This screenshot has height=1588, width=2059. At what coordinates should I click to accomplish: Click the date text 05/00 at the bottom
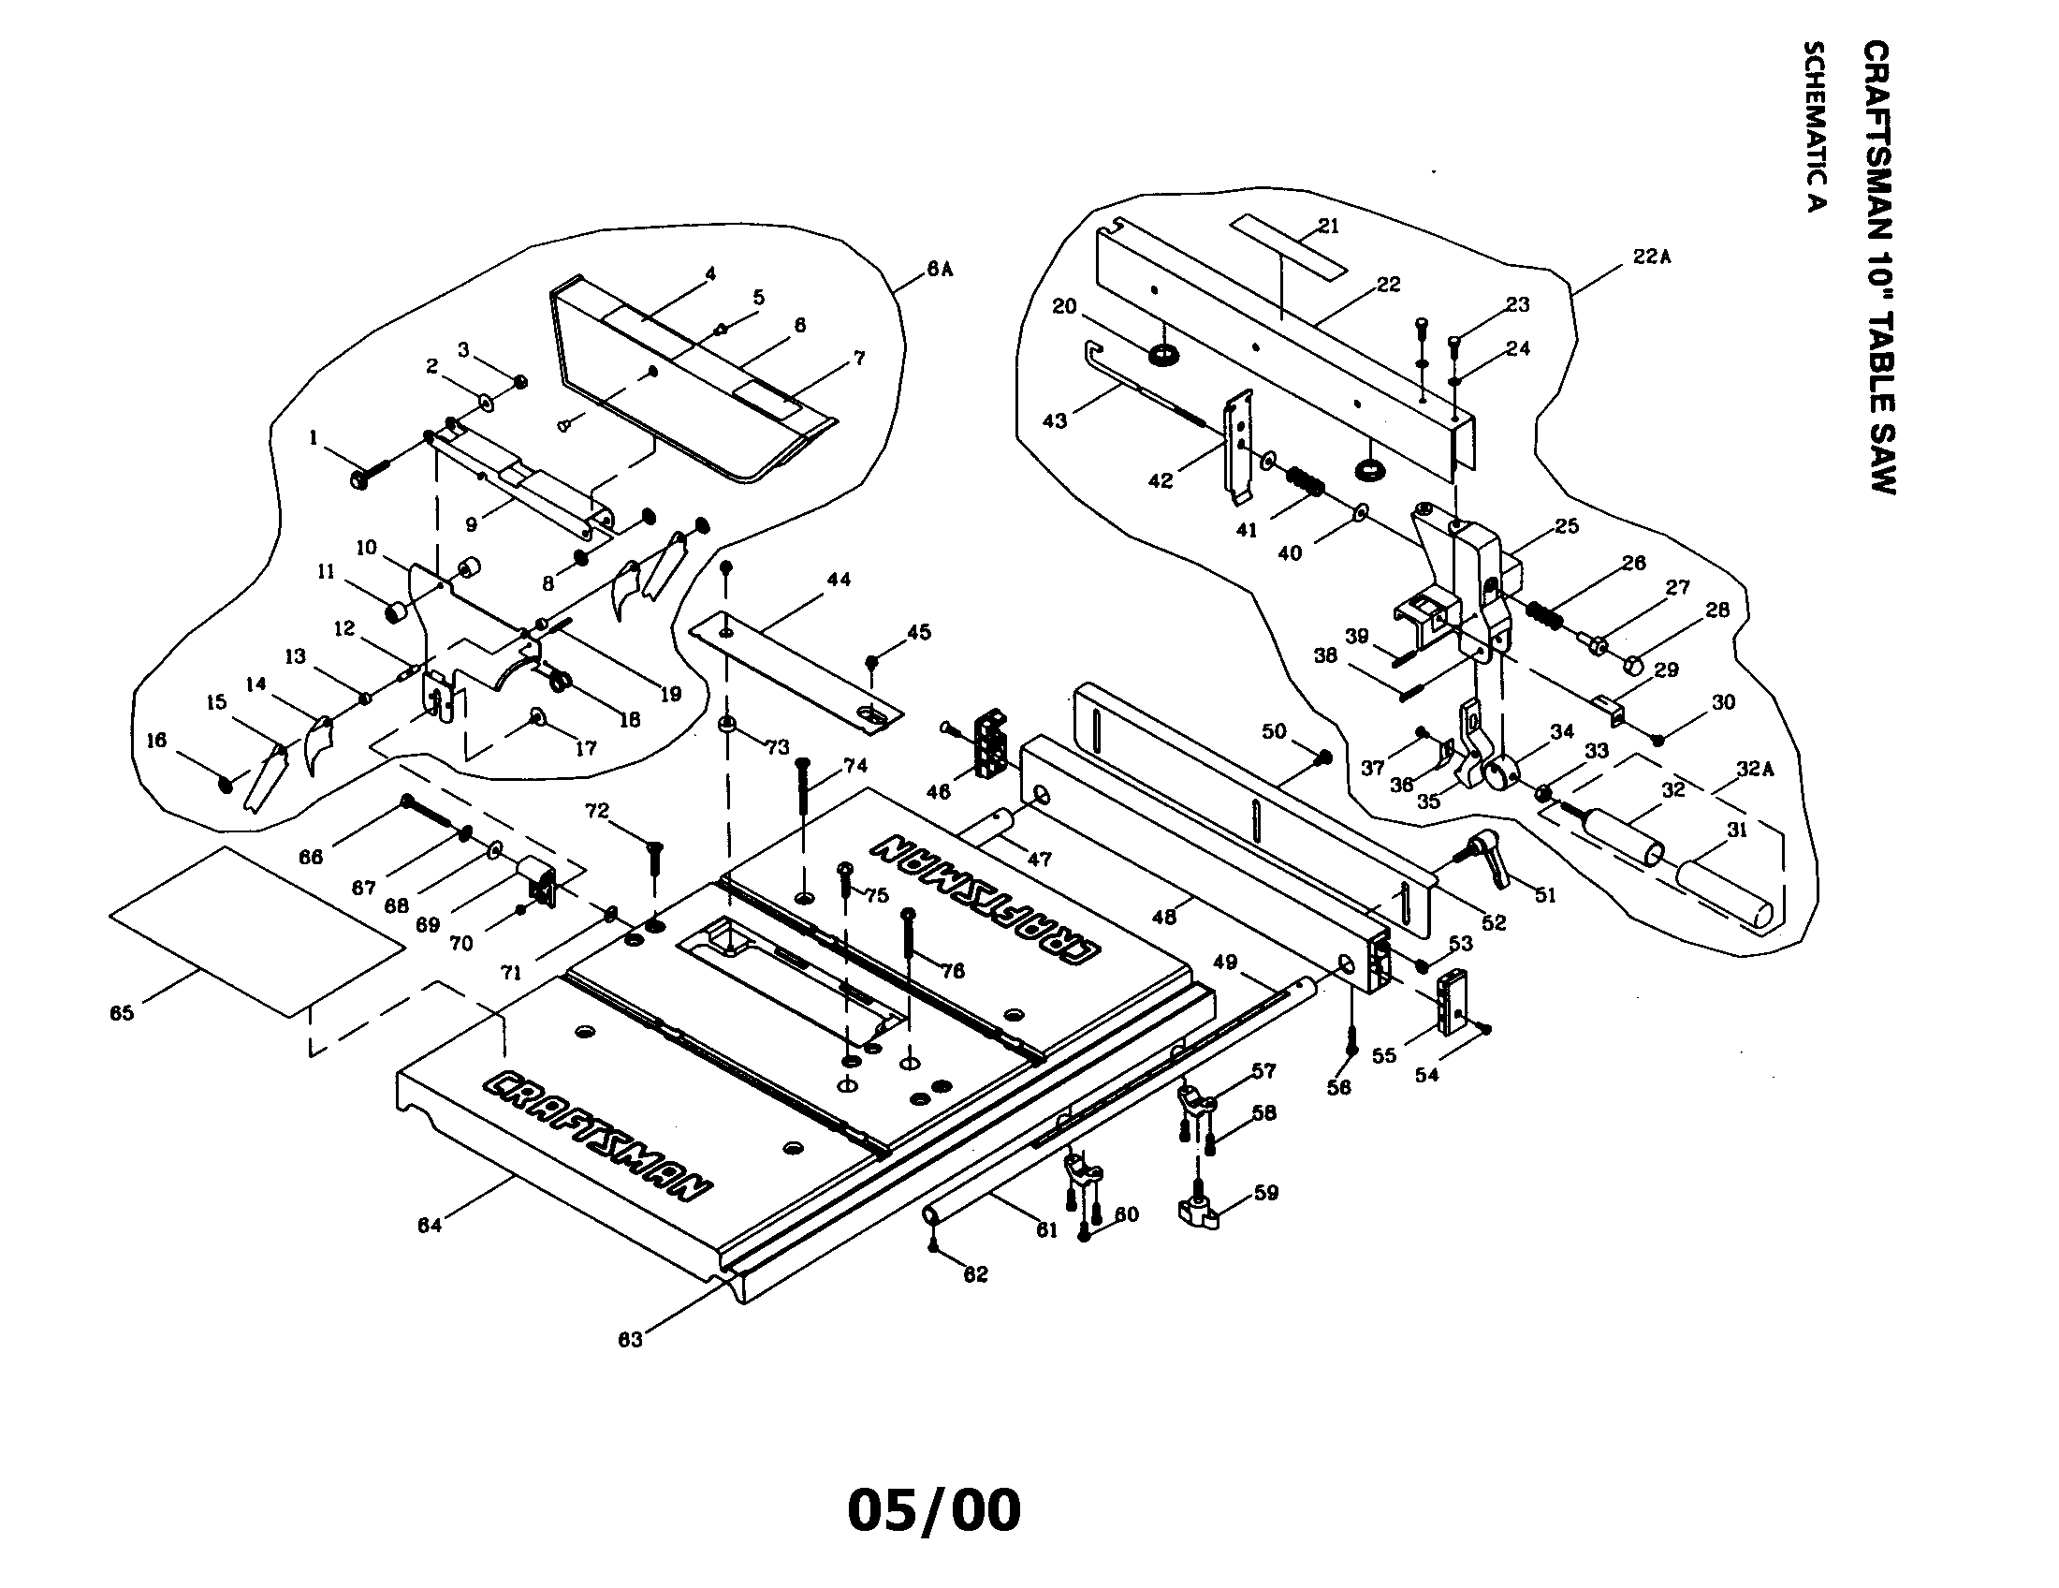pos(933,1509)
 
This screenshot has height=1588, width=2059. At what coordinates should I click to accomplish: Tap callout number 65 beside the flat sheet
pos(122,1013)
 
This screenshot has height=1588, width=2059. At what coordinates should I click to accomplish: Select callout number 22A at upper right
pos(1652,257)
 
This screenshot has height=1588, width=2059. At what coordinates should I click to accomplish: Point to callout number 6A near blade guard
pos(939,269)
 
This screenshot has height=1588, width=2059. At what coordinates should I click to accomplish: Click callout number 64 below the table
pos(429,1225)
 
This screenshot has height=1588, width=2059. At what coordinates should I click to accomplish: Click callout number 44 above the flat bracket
pos(839,579)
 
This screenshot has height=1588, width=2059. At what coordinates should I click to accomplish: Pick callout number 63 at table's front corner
pos(630,1340)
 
